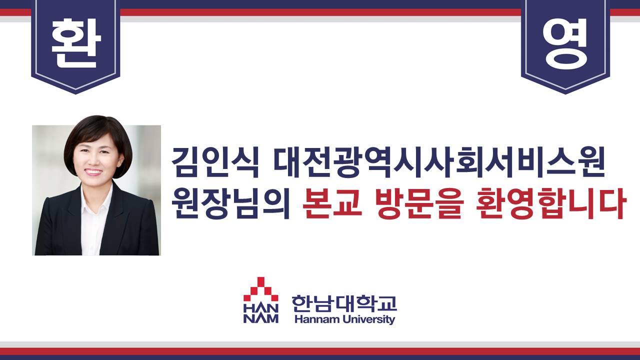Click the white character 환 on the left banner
pyautogui.click(x=76, y=43)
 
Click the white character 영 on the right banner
pyautogui.click(x=565, y=43)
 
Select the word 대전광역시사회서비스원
pyautogui.click(x=439, y=161)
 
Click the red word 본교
pyautogui.click(x=331, y=203)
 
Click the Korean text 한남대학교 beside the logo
pyautogui.click(x=344, y=303)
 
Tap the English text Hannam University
pyautogui.click(x=344, y=319)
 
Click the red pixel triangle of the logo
pyautogui.click(x=260, y=288)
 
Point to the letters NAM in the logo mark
pyautogui.click(x=260, y=318)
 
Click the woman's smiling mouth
pyautogui.click(x=93, y=171)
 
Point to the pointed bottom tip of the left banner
pyautogui.click(x=75, y=93)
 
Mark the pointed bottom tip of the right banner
pyautogui.click(x=565, y=93)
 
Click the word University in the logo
pyautogui.click(x=369, y=319)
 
